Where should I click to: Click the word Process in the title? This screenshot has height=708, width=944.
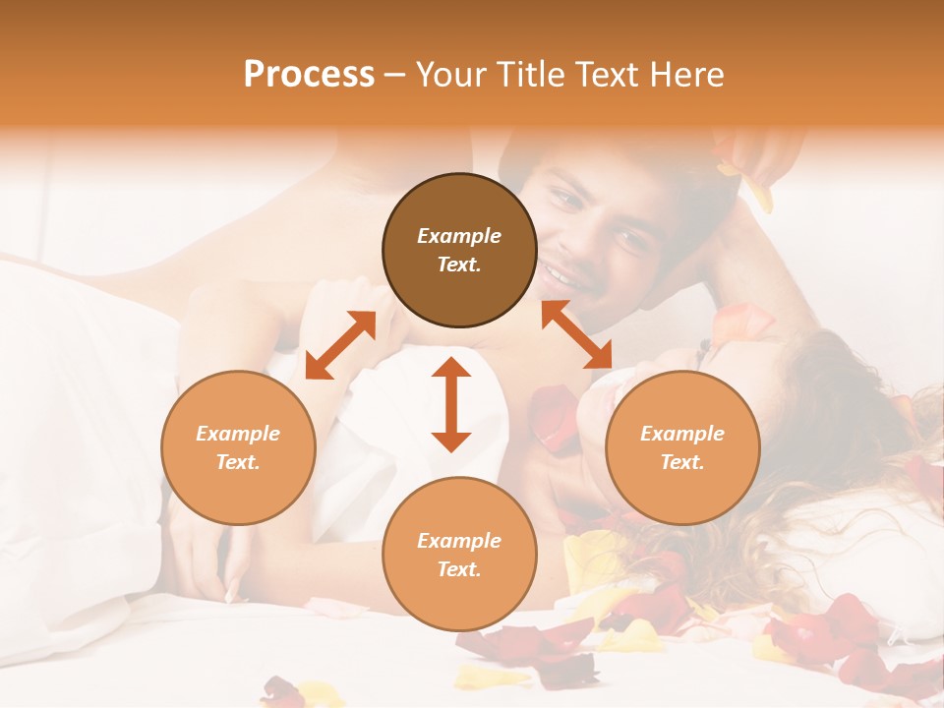[309, 75]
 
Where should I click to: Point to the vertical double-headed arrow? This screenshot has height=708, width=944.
[451, 404]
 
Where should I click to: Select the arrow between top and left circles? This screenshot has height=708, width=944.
[340, 345]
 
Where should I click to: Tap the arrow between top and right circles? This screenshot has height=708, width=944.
[576, 334]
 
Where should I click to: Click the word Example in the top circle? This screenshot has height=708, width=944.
[459, 236]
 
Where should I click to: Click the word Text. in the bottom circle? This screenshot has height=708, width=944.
[459, 569]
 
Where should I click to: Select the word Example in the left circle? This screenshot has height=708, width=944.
[238, 434]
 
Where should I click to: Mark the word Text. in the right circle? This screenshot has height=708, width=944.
[682, 462]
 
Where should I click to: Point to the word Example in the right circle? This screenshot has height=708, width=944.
[682, 434]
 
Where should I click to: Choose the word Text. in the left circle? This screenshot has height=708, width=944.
[238, 462]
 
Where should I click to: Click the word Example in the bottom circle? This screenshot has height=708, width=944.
[459, 541]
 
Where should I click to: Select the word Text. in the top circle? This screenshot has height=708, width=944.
[459, 265]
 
